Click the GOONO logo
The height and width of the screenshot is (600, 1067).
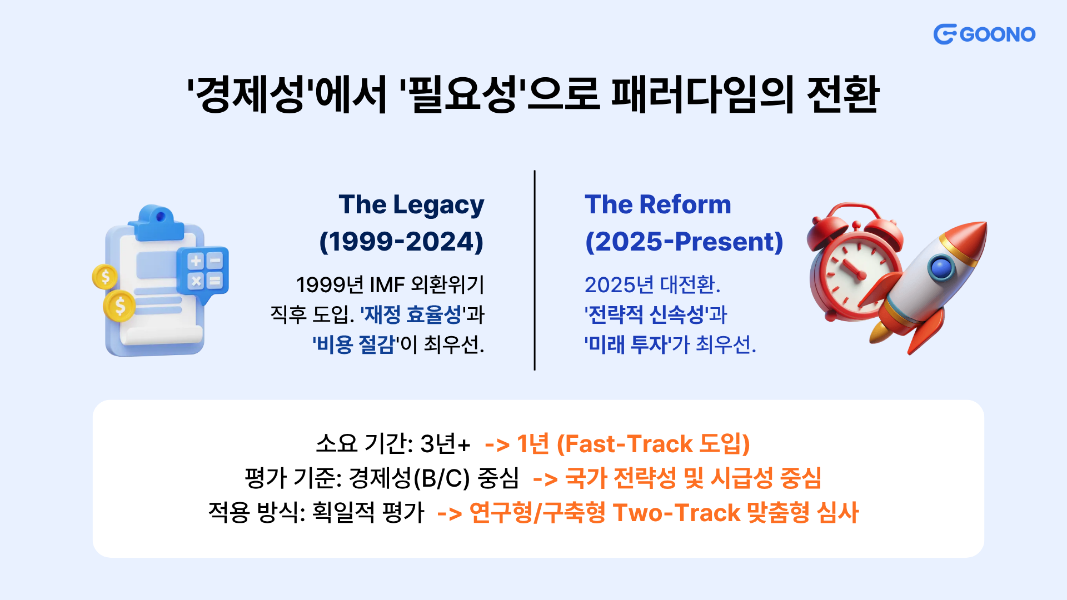[984, 34]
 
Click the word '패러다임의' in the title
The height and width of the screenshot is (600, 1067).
[702, 94]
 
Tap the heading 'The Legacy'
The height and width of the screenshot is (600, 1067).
[411, 205]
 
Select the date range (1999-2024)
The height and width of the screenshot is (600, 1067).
[401, 242]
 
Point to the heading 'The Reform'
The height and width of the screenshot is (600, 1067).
[658, 204]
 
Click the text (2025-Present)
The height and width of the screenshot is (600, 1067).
[684, 242]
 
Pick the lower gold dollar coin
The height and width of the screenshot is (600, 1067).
[119, 306]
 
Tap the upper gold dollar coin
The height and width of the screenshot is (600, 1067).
[105, 276]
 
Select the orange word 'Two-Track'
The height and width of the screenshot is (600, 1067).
[677, 512]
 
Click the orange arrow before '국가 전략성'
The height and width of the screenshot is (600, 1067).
[545, 479]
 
